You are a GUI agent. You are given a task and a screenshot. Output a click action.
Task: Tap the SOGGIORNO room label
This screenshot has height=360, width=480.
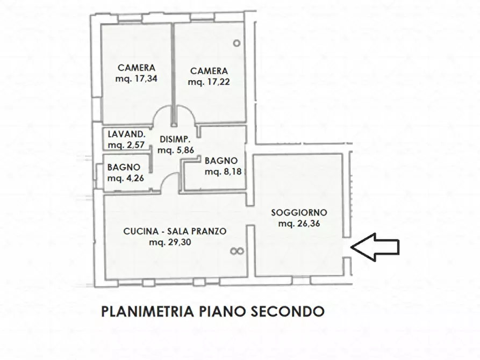(299, 212)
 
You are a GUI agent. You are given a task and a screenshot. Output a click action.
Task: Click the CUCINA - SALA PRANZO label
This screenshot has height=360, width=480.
(175, 231)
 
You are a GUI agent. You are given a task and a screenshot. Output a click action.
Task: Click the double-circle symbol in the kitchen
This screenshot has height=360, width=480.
(237, 251)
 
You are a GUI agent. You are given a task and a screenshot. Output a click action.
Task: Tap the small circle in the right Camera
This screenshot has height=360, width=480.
(236, 43)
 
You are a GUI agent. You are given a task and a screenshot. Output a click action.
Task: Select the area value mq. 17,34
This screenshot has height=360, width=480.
(137, 79)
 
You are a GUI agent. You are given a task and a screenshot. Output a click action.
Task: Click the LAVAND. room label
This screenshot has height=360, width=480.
(125, 134)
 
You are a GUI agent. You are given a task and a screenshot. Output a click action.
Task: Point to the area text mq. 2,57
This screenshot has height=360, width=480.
(126, 145)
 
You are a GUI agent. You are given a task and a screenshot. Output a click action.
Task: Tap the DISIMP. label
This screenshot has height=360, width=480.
(175, 139)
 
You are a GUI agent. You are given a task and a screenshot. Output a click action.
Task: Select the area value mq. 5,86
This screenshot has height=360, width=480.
(175, 150)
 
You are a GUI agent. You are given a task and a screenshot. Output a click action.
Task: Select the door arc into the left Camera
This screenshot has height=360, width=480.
(160, 116)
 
